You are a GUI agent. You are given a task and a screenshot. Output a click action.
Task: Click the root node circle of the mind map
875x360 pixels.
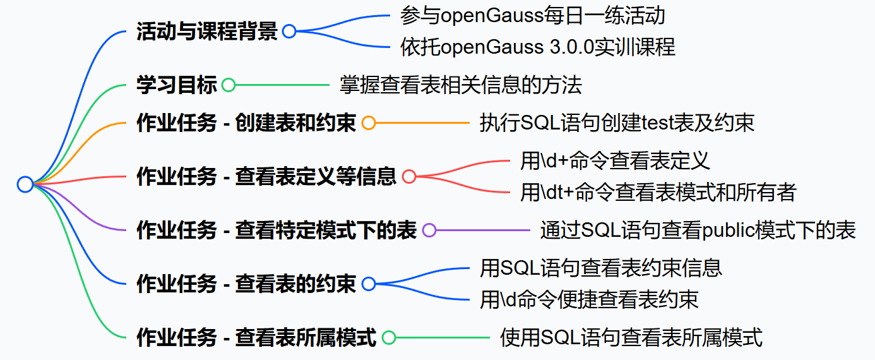[x=25, y=184]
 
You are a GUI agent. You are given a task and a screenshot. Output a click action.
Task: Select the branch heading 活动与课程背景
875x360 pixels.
[x=207, y=32]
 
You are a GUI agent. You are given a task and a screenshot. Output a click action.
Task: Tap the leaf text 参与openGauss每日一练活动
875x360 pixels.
[x=532, y=16]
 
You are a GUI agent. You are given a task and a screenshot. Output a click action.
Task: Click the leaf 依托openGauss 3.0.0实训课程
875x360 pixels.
[x=537, y=47]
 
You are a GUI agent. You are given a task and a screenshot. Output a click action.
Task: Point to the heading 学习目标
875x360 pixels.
[x=177, y=85]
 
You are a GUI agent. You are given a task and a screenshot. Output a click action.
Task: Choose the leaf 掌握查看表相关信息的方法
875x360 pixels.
[x=460, y=85]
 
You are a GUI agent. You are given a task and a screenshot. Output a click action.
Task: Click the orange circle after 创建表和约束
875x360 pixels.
[x=369, y=123]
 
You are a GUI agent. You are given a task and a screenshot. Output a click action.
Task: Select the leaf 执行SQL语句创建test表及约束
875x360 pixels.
[x=617, y=123]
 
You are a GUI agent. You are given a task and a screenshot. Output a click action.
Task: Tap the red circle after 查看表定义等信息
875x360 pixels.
[x=409, y=177]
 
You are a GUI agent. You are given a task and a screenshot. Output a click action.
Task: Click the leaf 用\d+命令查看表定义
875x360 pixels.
[x=615, y=161]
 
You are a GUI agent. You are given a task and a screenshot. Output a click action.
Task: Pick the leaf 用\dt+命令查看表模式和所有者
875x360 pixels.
[x=658, y=192]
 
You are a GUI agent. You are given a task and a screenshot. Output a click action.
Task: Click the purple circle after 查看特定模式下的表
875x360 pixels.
[x=429, y=231]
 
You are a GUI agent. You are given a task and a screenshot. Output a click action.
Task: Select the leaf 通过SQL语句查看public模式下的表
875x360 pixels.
[x=698, y=231]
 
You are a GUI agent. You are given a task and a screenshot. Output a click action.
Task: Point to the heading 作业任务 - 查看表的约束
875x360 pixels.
[x=246, y=284]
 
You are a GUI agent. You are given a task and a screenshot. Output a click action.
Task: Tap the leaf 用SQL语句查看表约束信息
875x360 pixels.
[x=600, y=268]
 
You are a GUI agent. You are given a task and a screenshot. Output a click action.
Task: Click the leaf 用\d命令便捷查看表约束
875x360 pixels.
[x=589, y=299]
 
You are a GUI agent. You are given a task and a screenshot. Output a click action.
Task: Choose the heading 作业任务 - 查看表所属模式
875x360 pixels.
[x=256, y=338]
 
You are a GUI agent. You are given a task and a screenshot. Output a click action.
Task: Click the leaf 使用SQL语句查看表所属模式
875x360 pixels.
[x=631, y=338]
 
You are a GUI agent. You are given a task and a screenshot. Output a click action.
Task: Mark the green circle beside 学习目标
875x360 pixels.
[x=229, y=85]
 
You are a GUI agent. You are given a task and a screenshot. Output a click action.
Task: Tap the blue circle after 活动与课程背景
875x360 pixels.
[x=289, y=32]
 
